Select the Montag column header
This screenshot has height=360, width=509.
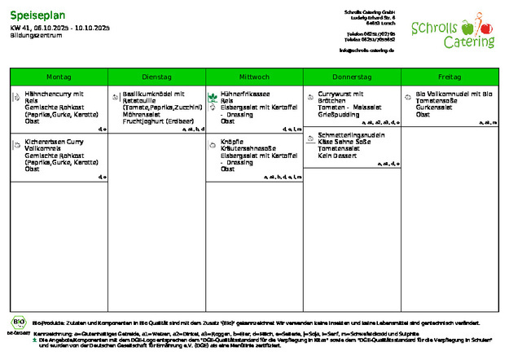pos(59,77)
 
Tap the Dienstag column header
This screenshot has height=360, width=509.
pos(156,77)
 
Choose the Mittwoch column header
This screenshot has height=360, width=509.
pos(254,77)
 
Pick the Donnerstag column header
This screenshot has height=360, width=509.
pos(352,77)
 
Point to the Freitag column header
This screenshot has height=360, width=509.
pos(449,77)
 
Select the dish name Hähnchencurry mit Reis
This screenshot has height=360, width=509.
pos(60,97)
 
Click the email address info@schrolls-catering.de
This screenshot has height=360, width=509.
pos(366,50)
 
